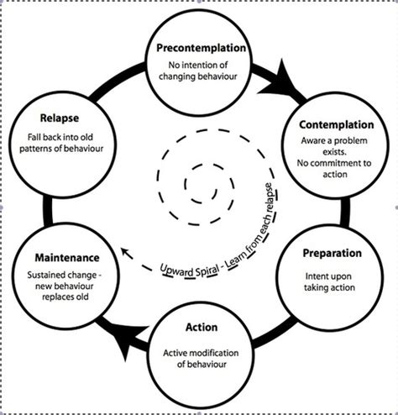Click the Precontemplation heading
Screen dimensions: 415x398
tap(199, 48)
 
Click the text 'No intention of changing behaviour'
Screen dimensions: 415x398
tap(199, 71)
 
